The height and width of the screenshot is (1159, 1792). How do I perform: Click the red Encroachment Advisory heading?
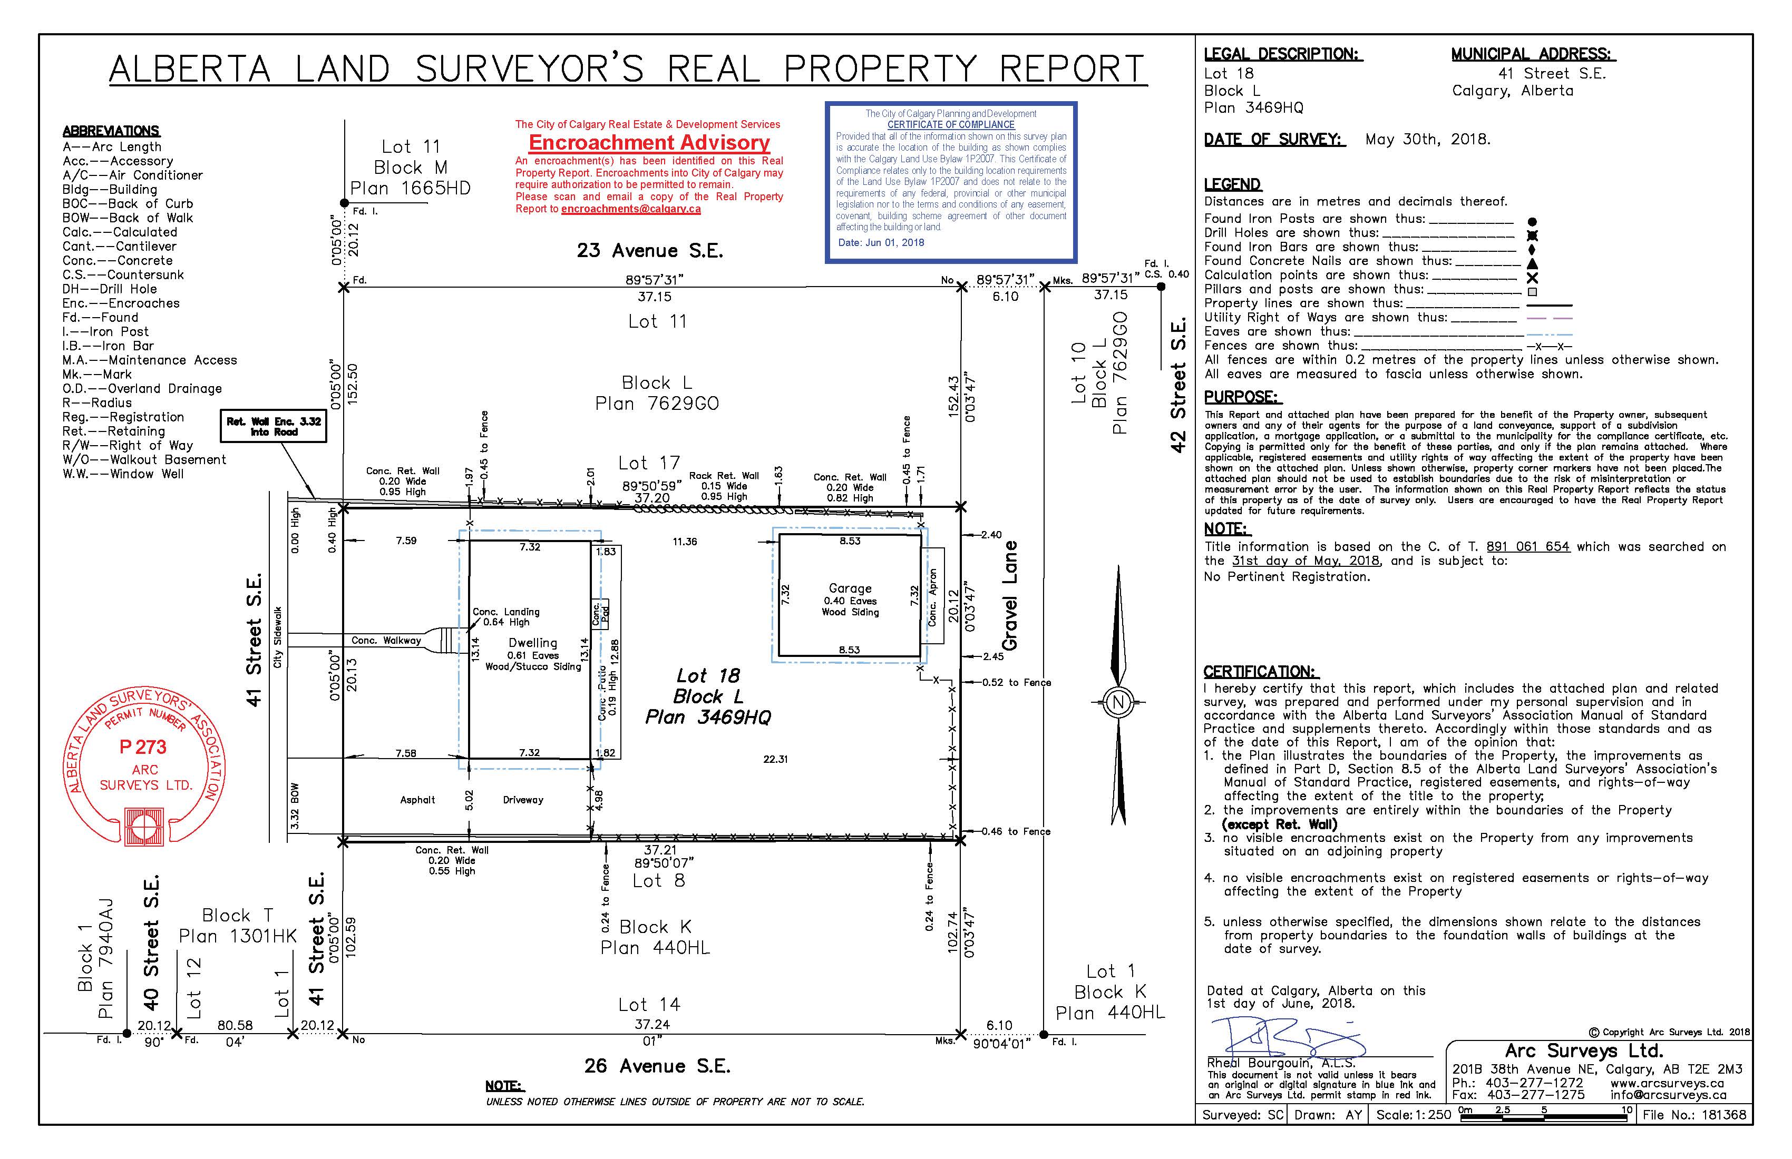pyautogui.click(x=649, y=142)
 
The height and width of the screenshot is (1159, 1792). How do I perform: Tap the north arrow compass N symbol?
pyautogui.click(x=1117, y=703)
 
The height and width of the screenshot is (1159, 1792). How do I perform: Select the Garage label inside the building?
pyautogui.click(x=850, y=588)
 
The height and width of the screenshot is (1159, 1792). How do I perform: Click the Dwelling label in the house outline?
pyautogui.click(x=532, y=643)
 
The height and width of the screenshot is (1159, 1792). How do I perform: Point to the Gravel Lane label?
pyautogui.click(x=1010, y=595)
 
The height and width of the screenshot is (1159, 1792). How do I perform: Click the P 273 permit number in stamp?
pyautogui.click(x=143, y=748)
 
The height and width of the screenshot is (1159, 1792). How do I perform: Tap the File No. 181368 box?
pyautogui.click(x=1694, y=1115)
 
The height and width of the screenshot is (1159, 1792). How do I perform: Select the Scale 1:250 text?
pyautogui.click(x=1413, y=1115)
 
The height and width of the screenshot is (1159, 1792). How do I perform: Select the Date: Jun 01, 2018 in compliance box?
pyautogui.click(x=881, y=242)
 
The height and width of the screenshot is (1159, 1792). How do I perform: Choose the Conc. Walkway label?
pyautogui.click(x=386, y=641)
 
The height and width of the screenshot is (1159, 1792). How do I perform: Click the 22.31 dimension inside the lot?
pyautogui.click(x=775, y=759)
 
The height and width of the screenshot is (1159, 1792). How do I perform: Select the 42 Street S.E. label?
pyautogui.click(x=1177, y=385)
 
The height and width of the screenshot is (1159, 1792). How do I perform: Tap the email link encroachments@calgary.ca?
pyautogui.click(x=630, y=209)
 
